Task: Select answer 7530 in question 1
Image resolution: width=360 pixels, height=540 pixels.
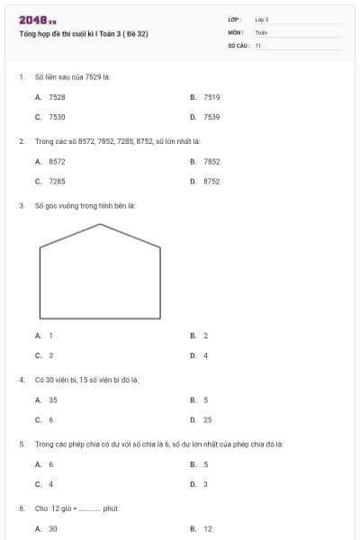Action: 57,117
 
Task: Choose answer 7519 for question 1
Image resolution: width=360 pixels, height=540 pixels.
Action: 211,96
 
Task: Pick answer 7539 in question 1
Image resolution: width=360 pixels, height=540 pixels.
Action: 211,117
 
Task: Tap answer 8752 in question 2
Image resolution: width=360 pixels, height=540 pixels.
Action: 211,182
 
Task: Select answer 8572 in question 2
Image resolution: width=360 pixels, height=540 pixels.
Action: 57,161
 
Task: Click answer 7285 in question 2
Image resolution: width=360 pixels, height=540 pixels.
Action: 57,182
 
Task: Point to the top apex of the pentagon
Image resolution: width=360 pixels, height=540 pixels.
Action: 101,224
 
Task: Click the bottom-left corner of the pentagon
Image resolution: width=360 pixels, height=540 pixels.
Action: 40,319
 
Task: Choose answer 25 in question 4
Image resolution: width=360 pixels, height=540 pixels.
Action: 208,420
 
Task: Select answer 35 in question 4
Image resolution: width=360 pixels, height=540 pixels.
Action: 53,400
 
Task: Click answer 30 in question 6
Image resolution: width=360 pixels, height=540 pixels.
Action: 53,529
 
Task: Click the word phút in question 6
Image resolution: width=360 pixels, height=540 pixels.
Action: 111,508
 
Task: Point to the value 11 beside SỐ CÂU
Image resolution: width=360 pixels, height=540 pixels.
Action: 258,45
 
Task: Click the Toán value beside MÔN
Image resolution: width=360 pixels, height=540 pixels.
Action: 261,32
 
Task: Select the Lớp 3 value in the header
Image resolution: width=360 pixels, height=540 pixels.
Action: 262,19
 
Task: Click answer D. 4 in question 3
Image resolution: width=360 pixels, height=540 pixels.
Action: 205,355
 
